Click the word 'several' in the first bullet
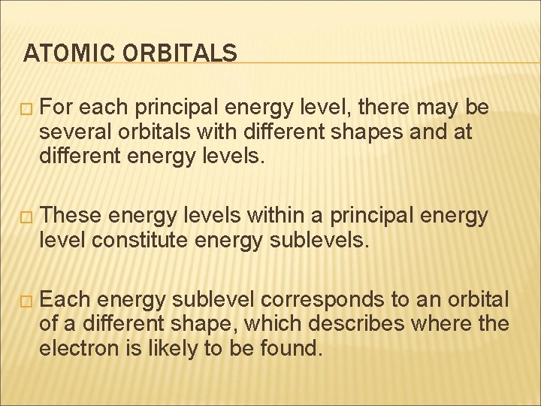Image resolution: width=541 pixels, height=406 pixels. [71, 132]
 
